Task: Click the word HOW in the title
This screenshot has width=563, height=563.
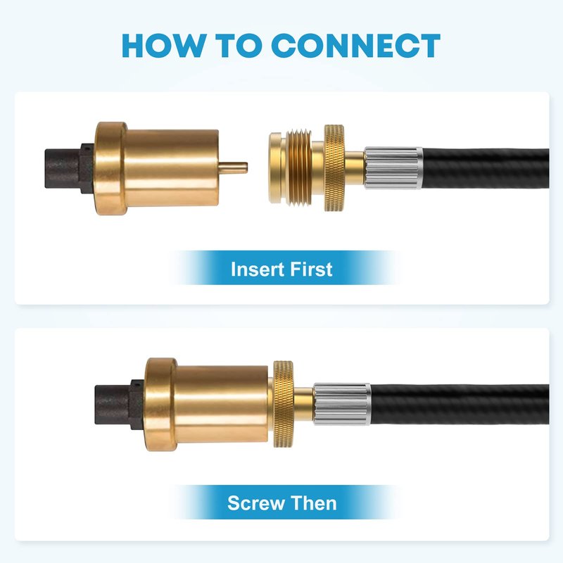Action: point(163,46)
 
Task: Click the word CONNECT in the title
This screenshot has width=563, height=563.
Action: point(355,46)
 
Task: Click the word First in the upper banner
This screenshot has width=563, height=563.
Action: point(311,270)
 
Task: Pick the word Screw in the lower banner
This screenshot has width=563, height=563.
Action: point(255,503)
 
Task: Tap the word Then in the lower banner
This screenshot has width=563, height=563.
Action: point(314,502)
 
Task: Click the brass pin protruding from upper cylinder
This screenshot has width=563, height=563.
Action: point(233,167)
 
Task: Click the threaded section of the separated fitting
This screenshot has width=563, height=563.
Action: point(300,168)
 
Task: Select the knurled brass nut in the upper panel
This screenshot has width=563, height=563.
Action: point(334,167)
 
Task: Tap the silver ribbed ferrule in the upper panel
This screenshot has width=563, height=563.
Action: point(393,167)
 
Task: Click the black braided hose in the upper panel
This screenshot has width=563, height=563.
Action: point(486,168)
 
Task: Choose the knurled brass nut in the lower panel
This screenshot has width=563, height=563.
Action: point(284,404)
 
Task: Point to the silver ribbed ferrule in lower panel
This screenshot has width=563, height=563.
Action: point(342,404)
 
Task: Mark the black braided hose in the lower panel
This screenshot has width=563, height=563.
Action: point(460,404)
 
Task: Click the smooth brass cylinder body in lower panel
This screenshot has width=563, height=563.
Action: point(222,404)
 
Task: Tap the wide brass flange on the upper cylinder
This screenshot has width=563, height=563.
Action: point(111,168)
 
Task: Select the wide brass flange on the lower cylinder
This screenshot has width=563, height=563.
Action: point(161,405)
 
